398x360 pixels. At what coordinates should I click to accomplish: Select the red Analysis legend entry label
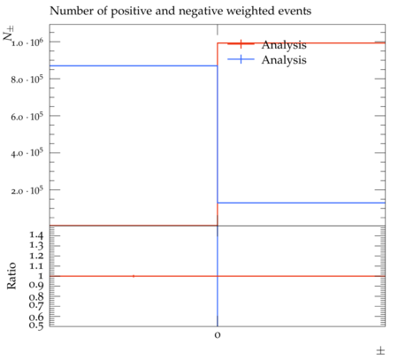click(x=284, y=45)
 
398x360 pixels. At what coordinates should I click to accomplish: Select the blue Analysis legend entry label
click(x=284, y=60)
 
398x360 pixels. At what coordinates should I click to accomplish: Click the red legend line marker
click(x=241, y=44)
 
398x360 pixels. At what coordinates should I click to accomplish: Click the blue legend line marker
click(x=241, y=59)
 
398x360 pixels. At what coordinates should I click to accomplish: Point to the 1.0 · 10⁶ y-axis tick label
click(x=27, y=42)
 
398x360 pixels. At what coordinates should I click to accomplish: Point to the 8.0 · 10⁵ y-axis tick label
click(x=27, y=80)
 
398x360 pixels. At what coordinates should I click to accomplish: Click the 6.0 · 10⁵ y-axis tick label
click(x=27, y=117)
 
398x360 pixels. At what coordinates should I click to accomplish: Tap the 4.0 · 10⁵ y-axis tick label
click(x=27, y=153)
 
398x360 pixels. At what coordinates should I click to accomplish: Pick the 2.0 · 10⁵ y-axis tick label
click(x=27, y=190)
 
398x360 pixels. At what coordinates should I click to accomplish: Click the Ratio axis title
click(x=11, y=276)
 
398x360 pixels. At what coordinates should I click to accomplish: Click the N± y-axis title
click(x=8, y=33)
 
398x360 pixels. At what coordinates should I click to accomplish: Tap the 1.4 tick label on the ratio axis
click(x=36, y=235)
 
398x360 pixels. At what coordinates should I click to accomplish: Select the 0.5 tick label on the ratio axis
click(x=36, y=326)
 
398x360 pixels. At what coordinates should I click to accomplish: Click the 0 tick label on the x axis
click(x=218, y=335)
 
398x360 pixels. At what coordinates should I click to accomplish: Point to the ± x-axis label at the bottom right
click(x=380, y=351)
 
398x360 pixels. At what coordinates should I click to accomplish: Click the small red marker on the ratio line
click(x=134, y=276)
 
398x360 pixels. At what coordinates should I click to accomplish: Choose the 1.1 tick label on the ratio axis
click(x=36, y=266)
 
